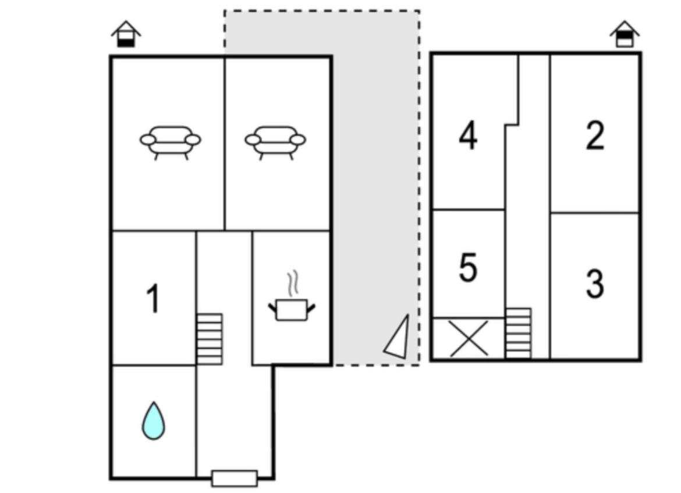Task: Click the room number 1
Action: coord(153,299)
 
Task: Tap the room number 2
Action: coord(595,136)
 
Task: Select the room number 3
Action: coord(595,283)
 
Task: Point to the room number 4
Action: coord(468,136)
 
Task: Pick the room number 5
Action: coord(468,268)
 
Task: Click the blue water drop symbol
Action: coord(154,420)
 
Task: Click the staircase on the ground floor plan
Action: coord(210,339)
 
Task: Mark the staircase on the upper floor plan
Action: coord(519,334)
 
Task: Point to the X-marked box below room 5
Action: coord(469,339)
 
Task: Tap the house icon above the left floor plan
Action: coord(126,34)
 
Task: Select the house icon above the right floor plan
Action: coord(625,34)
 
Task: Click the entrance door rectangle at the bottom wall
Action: coord(235,478)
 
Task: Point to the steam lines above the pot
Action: coord(293,283)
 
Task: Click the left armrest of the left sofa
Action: coord(148,140)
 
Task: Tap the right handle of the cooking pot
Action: coord(311,308)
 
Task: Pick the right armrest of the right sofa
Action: coord(298,140)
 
